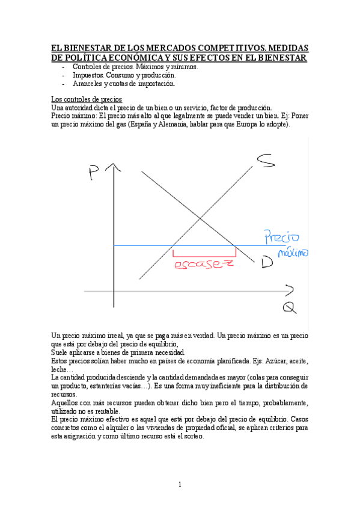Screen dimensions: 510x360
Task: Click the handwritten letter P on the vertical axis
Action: click(94, 173)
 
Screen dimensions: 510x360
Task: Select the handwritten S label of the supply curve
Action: click(266, 161)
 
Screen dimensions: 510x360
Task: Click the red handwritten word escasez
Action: click(203, 265)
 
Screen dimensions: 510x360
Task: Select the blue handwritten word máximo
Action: click(293, 253)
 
